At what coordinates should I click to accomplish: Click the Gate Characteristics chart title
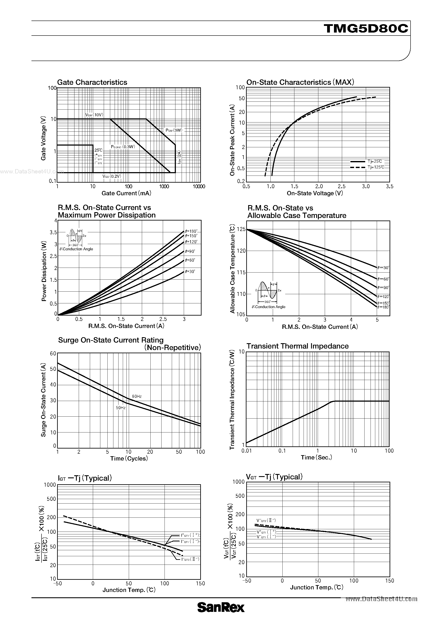point(92,82)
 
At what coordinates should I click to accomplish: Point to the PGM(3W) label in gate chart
point(174,130)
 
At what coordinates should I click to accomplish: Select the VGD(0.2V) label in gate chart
point(112,176)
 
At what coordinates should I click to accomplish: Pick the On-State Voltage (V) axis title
point(315,193)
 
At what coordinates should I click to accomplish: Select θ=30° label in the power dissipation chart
point(190,271)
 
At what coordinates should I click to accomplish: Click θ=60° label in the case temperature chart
point(383,279)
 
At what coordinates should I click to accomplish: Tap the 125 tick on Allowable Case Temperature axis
point(241,230)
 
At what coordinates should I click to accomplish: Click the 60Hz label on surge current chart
point(137,396)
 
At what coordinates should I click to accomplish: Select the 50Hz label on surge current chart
point(121,408)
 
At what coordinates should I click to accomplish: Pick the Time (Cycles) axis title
point(129,459)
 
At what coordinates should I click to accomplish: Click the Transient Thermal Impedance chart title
point(297,346)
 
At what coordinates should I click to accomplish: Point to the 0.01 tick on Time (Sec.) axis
point(247,451)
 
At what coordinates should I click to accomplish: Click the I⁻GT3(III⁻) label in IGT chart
point(190,559)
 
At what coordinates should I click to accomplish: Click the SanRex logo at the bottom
point(221,615)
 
